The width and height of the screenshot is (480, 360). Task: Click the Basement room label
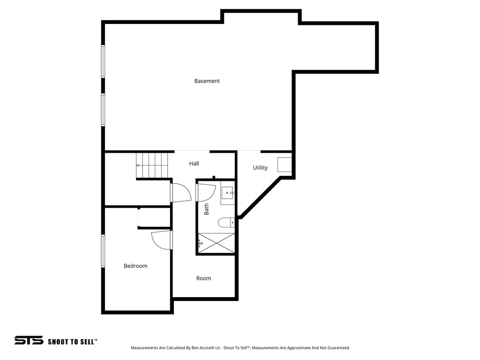(x=207, y=81)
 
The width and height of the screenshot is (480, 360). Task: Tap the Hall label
(x=194, y=164)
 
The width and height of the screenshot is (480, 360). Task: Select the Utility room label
(x=260, y=168)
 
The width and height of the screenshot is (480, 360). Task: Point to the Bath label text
(x=207, y=209)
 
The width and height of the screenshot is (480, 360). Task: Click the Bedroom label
(x=135, y=266)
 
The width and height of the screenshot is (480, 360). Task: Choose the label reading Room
(x=203, y=278)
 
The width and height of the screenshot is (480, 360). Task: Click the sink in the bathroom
(x=228, y=193)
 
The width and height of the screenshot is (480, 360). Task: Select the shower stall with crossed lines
(x=216, y=243)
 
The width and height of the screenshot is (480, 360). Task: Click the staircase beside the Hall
(x=152, y=165)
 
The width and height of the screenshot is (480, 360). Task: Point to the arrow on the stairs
(x=138, y=165)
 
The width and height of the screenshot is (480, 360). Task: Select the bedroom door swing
(x=162, y=240)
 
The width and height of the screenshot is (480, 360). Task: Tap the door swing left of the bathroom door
(x=181, y=192)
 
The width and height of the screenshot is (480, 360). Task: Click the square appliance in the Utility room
(x=285, y=165)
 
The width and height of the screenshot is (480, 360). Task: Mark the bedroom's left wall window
(x=103, y=251)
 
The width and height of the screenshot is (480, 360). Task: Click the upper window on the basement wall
(x=103, y=61)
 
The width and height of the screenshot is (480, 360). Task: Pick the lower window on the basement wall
(x=103, y=110)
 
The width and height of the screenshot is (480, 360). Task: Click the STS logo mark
(x=29, y=340)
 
